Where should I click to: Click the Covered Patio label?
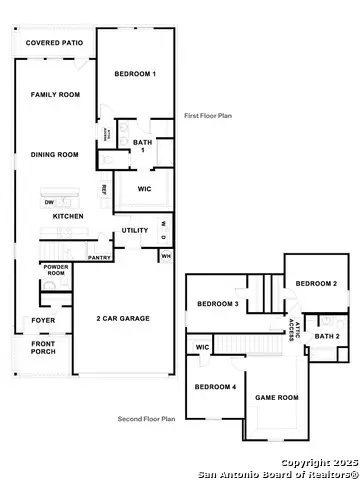pos(54,44)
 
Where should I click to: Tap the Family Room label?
pos(54,94)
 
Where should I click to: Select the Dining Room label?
pos(54,154)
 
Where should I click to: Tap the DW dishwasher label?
pos(48,202)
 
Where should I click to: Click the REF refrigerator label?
pos(103,189)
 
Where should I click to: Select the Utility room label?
pos(135,231)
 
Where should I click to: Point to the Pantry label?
pos(99,257)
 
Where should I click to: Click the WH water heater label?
pos(165,256)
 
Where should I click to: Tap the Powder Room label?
pos(55,270)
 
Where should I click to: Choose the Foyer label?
pos(44,321)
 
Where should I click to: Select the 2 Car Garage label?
pos(123,318)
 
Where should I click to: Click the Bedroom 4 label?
pos(216,387)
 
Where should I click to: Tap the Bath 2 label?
pos(327,336)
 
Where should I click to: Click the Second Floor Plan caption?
pos(146,419)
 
